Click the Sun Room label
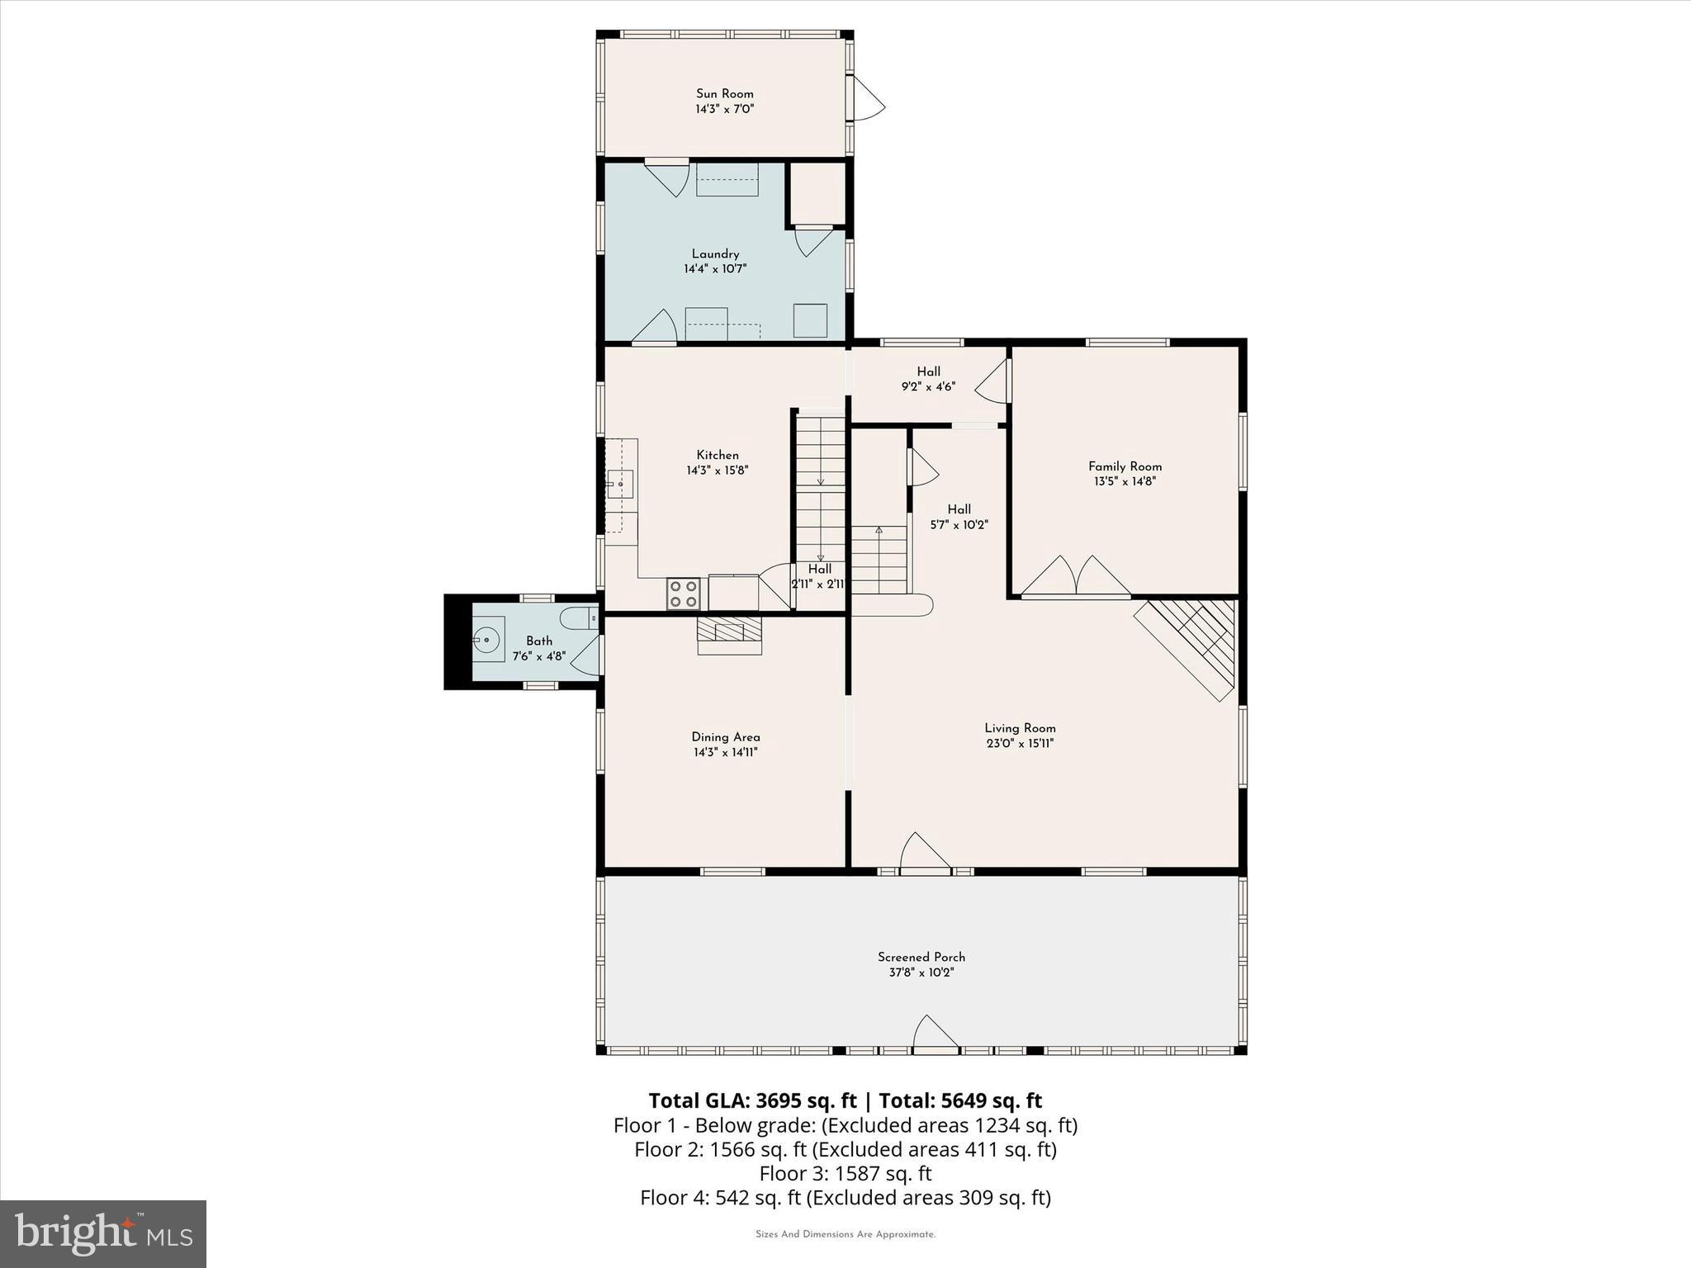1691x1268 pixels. coord(724,93)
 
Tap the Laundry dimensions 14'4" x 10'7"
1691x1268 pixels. coord(714,269)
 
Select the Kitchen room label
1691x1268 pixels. coord(717,455)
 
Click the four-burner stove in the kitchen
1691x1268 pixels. coord(684,594)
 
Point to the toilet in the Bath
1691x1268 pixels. coord(578,617)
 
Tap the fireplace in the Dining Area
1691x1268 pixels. coord(729,634)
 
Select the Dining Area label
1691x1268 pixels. coord(725,737)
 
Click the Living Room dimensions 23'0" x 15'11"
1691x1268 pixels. coord(1020,743)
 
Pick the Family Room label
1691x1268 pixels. coord(1125,466)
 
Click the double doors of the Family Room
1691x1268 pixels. coord(1075,578)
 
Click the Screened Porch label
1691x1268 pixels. coord(921,957)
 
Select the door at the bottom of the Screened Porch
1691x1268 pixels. coord(935,1035)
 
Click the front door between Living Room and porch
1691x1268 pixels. coord(924,854)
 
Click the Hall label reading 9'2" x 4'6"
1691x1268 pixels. coord(928,386)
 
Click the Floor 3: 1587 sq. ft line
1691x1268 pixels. coord(845,1173)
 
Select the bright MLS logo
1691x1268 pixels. coord(103,1233)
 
